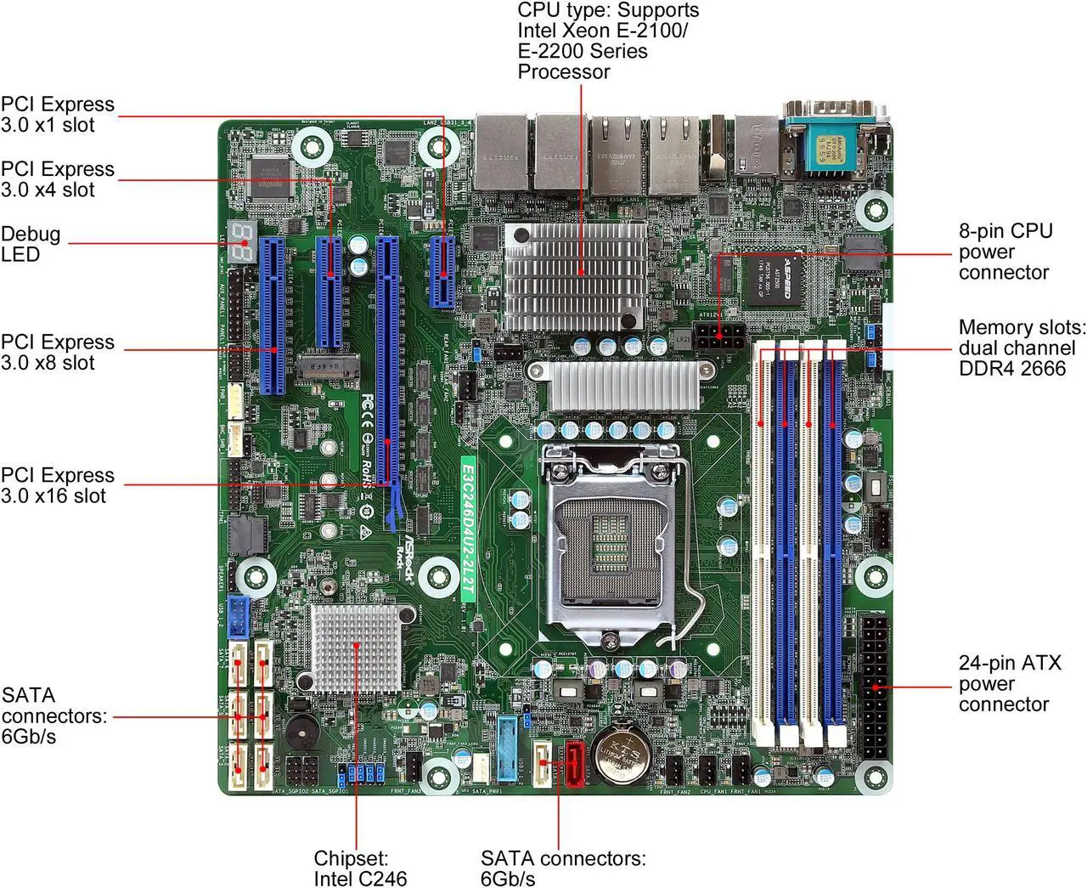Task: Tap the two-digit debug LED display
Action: [244, 245]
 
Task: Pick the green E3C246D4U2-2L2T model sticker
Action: [467, 531]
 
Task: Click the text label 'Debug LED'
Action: [31, 244]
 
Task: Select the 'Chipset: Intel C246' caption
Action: [360, 868]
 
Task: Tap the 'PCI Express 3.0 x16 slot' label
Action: [57, 485]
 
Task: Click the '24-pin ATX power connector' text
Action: [1009, 683]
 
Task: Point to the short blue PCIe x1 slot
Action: [442, 271]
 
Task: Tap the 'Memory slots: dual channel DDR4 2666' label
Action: [1022, 348]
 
